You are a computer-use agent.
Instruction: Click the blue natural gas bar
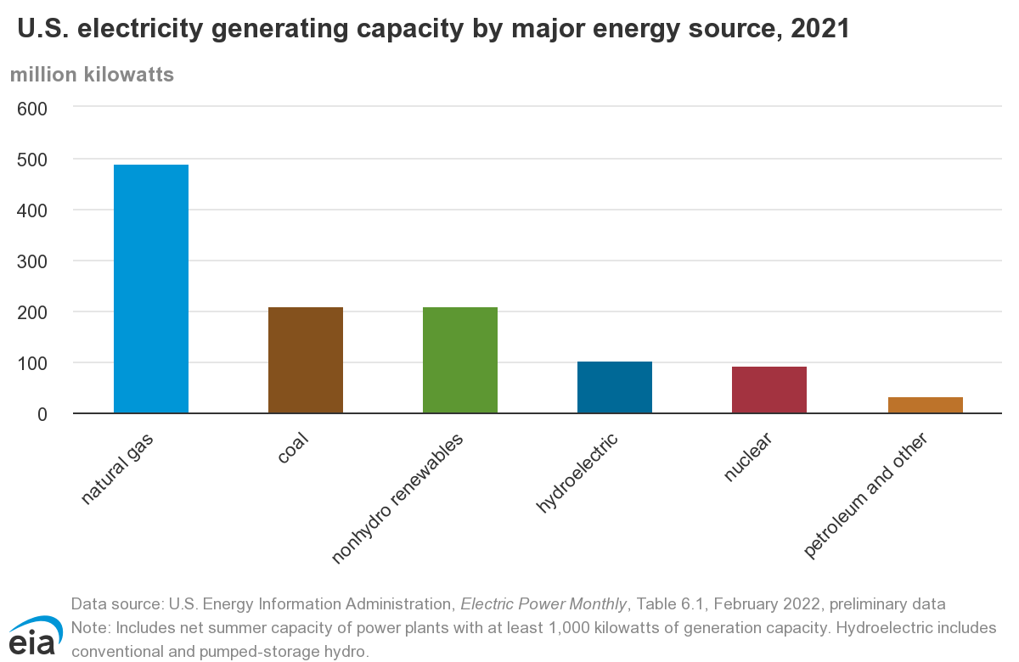pyautogui.click(x=151, y=289)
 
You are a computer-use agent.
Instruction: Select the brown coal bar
pyautogui.click(x=306, y=360)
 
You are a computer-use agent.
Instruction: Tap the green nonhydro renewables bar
pyautogui.click(x=460, y=360)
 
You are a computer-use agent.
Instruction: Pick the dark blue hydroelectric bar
pyautogui.click(x=615, y=387)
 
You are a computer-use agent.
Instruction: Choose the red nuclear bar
pyautogui.click(x=769, y=390)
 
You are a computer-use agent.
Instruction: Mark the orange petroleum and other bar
pyautogui.click(x=925, y=405)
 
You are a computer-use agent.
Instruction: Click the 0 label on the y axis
pyautogui.click(x=42, y=414)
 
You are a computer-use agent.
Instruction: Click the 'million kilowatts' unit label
pyautogui.click(x=92, y=75)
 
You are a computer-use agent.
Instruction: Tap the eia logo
pyautogui.click(x=34, y=635)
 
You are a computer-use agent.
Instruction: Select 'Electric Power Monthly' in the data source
pyautogui.click(x=543, y=604)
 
